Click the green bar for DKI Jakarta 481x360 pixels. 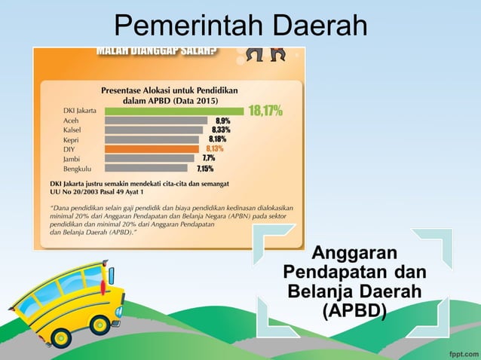[174, 111]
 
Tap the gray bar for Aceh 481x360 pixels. [156, 121]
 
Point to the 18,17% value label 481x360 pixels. [265, 111]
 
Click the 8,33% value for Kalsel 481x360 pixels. [221, 130]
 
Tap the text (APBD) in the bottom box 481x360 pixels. [354, 310]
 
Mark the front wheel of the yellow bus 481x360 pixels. [100, 324]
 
